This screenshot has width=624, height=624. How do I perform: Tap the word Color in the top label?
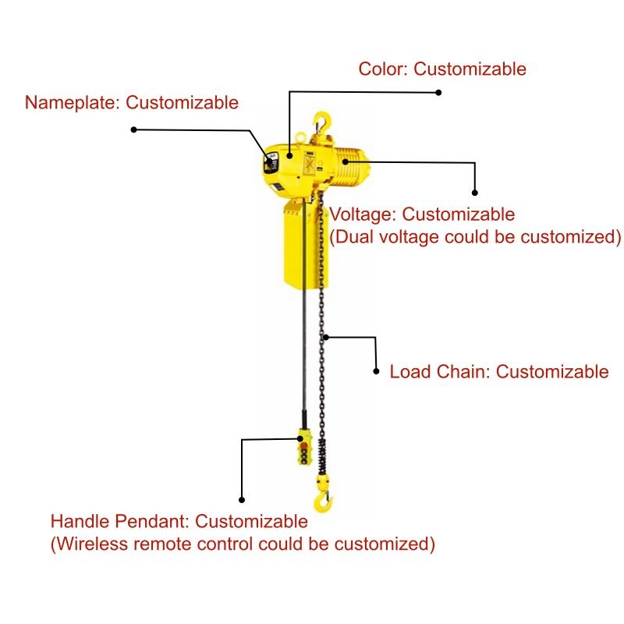pos(383,69)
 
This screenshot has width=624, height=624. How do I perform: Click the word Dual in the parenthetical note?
pos(355,237)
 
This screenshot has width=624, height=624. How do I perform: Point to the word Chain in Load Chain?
pos(462,372)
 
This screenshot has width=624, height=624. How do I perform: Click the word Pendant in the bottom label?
pos(152,521)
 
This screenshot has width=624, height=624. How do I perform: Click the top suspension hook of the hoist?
pos(321,122)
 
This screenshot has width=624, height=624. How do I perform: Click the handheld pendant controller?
pos(304,447)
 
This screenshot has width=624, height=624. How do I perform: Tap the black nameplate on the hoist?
pos(271,163)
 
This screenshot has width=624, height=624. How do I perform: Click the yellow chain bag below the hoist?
pos(306,244)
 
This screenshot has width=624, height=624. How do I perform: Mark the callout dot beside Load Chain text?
pos(376,371)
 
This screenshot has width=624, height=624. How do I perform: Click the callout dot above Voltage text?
pos(475,193)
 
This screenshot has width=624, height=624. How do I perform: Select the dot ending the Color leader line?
pos(438,93)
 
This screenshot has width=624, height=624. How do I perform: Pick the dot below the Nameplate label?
pos(134,129)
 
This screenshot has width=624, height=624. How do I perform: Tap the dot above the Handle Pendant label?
pos(242,500)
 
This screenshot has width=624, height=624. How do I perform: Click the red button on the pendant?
pos(304,445)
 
